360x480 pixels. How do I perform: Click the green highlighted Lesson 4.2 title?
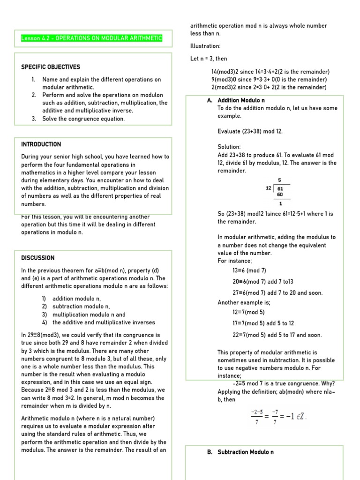(92, 38)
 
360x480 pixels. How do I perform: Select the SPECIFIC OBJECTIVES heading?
(51, 67)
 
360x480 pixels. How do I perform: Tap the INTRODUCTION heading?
(41, 144)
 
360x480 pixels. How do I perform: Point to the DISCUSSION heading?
(38, 258)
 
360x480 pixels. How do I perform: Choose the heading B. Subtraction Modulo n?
(240, 452)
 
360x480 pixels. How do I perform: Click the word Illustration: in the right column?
(205, 46)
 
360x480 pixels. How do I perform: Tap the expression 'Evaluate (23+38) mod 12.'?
(250, 131)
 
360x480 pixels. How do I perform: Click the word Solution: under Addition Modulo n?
(229, 147)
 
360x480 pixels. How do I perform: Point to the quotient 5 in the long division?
(280, 180)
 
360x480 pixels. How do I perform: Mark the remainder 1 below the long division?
(280, 203)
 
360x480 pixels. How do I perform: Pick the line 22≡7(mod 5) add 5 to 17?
(277, 335)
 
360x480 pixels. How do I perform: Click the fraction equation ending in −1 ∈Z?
(278, 416)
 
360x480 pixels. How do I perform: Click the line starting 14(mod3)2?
(270, 72)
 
